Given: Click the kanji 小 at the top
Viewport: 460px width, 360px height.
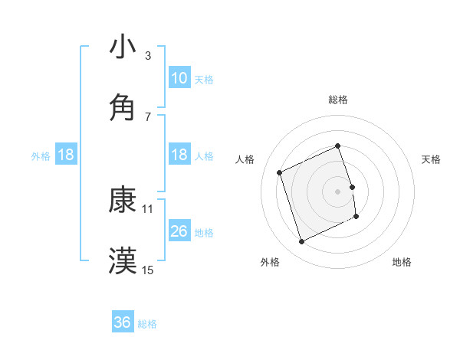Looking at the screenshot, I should (123, 47).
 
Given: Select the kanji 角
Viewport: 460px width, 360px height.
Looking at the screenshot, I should (123, 107).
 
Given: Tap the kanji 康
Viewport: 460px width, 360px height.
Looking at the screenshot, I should (123, 199).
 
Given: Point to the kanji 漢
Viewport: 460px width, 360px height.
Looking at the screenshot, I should (123, 260).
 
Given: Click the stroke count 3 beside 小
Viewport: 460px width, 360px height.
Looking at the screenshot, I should (147, 55).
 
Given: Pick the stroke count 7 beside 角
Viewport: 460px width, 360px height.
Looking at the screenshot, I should (147, 116).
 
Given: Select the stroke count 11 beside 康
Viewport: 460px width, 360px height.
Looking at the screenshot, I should (148, 208).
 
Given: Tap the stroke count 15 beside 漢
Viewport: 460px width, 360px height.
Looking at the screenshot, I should (148, 270).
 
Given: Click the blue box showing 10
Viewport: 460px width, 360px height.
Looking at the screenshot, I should (179, 78).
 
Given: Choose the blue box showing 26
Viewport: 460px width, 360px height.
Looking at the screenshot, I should (179, 231).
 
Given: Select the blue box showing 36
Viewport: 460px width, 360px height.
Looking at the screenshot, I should (123, 323).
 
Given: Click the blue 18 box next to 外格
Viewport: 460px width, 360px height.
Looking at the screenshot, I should (66, 155).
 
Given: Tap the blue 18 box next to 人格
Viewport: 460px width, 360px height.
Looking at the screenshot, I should (179, 155).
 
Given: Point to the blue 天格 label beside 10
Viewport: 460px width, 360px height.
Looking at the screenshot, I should (204, 79).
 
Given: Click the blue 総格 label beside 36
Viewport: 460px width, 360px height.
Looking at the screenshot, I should (147, 324).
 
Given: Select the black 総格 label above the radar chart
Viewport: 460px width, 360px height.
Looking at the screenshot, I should (338, 100).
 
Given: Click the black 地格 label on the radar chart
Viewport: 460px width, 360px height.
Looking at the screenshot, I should (402, 262).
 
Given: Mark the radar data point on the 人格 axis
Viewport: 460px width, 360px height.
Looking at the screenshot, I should (280, 172).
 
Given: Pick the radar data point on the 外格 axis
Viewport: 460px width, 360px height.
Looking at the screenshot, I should (302, 242).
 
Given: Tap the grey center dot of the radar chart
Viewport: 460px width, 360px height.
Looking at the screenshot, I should (338, 191).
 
